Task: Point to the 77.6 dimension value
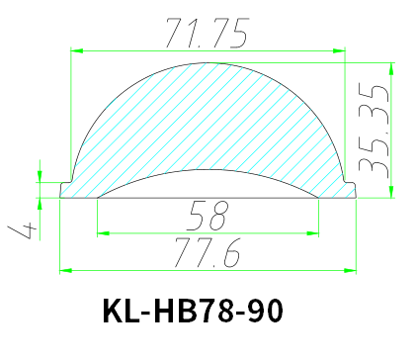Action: [x=208, y=255]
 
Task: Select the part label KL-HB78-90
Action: [x=193, y=312]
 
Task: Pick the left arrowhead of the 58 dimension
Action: [x=102, y=234]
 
